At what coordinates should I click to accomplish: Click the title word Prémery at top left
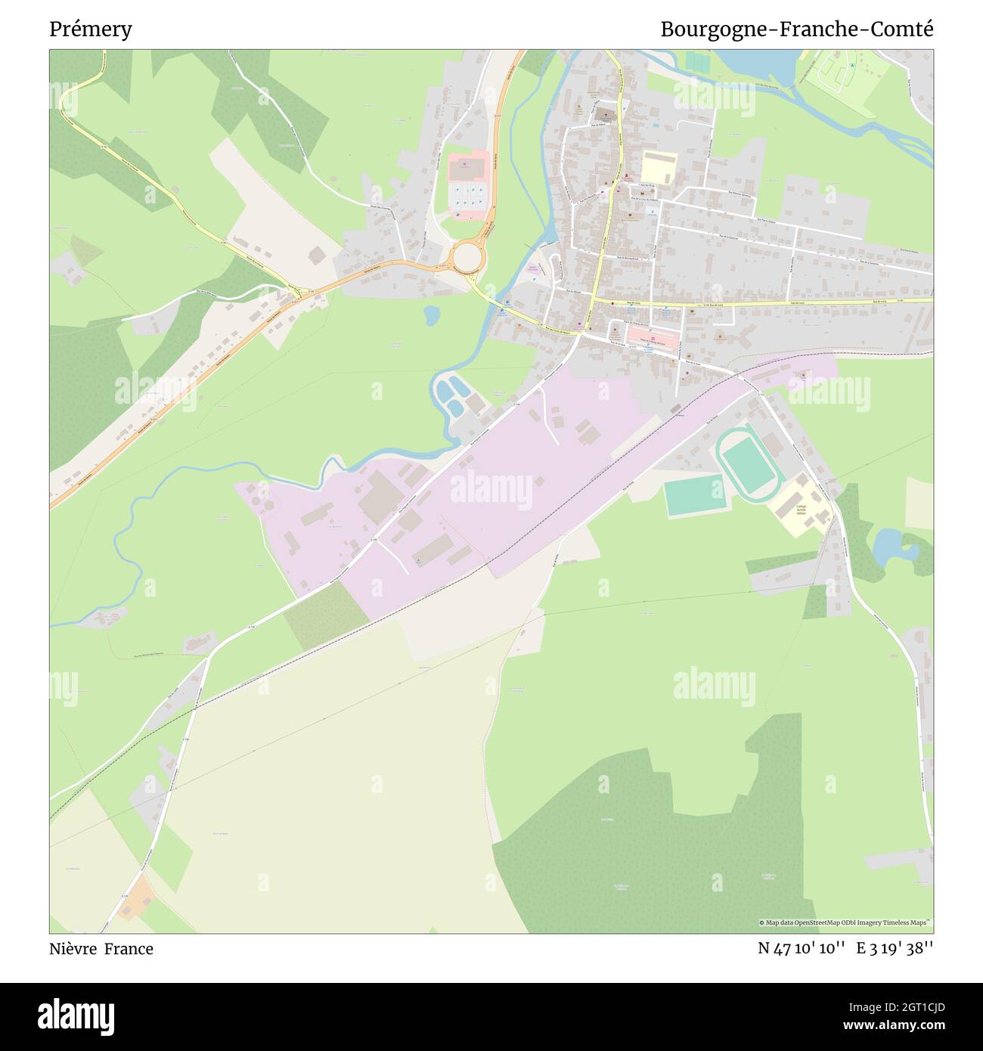(91, 29)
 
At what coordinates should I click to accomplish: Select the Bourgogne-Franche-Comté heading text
(796, 29)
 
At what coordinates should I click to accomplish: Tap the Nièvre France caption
(101, 949)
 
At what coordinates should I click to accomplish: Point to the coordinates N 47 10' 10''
(801, 949)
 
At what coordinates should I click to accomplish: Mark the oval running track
(747, 463)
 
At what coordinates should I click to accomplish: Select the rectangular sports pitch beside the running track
(694, 496)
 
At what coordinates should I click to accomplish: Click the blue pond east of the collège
(888, 547)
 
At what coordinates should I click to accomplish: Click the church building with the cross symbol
(604, 115)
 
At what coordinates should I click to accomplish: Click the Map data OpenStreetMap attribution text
(845, 922)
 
